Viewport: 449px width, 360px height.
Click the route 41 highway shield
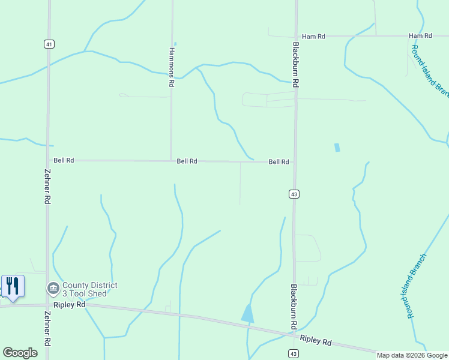[x=48, y=44]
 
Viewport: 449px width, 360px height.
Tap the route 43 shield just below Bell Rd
[x=294, y=194]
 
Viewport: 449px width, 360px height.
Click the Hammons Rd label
[x=172, y=68]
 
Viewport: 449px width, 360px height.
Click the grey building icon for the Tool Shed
[x=53, y=289]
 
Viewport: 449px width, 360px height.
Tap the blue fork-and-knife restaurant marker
[x=12, y=286]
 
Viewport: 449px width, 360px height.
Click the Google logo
[x=20, y=353]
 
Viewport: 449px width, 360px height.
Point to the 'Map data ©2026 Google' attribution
[x=412, y=355]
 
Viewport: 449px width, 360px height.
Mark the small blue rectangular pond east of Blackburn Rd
[x=337, y=147]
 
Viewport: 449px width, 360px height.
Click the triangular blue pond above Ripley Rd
[x=247, y=313]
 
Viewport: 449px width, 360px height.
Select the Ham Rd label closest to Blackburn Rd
[x=313, y=37]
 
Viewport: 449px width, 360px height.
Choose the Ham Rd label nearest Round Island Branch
[x=420, y=36]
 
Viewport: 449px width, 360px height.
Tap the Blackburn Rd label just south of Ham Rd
[x=296, y=65]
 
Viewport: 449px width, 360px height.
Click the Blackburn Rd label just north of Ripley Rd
[x=294, y=307]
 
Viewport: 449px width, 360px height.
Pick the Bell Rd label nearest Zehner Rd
[x=64, y=160]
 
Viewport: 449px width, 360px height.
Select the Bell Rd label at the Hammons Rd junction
[x=187, y=161]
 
